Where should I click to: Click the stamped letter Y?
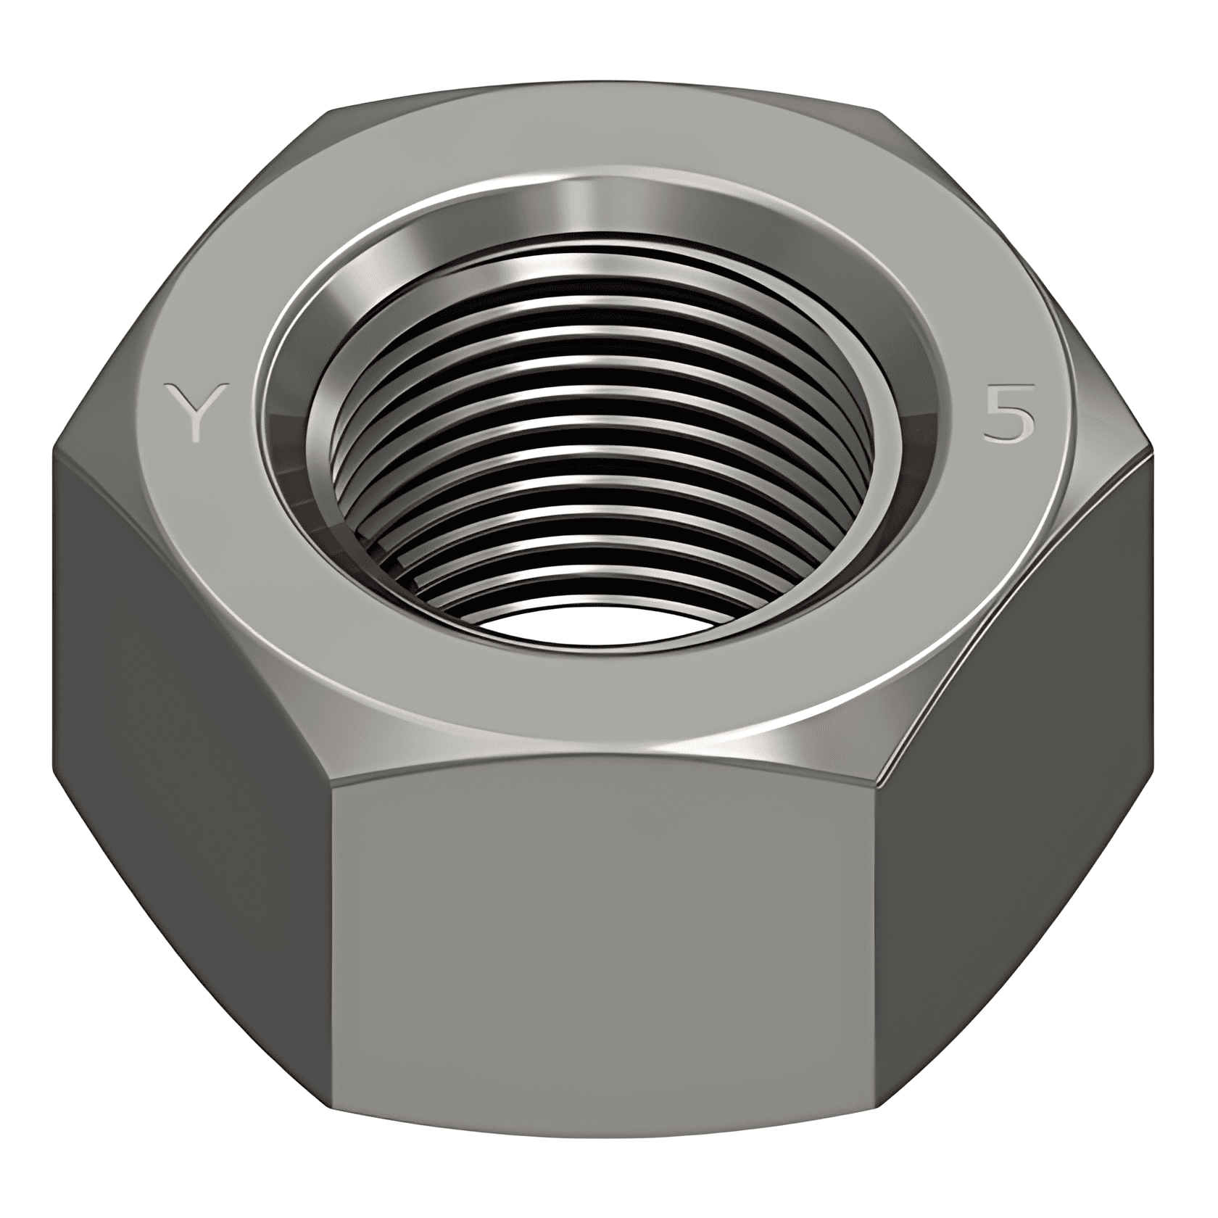[x=194, y=412]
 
